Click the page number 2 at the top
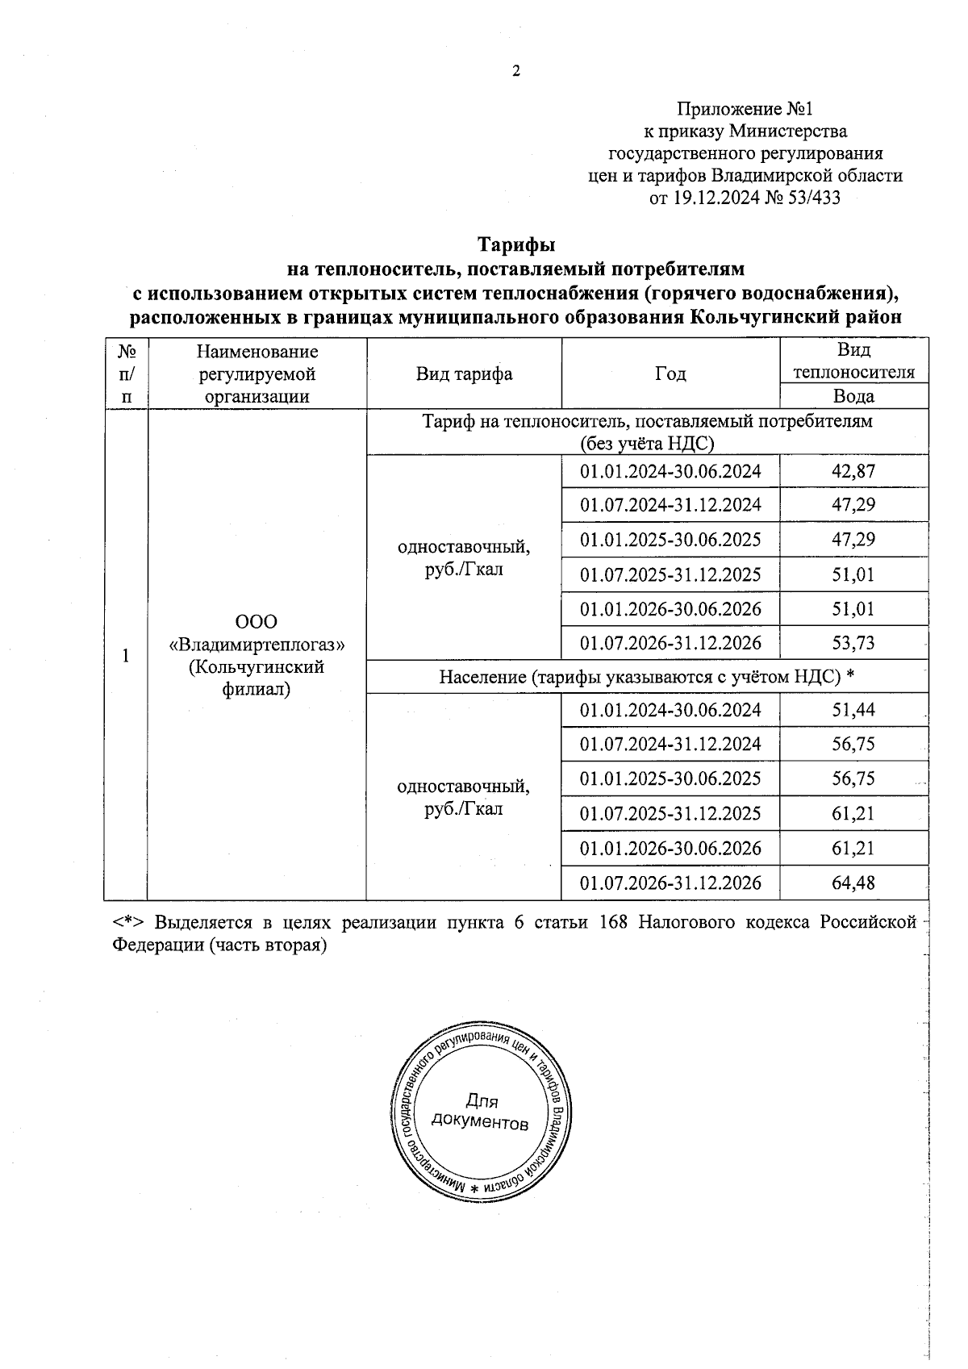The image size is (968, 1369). click(516, 72)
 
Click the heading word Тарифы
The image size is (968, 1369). click(517, 244)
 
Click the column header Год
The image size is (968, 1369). click(670, 374)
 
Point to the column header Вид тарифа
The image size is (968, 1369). click(464, 374)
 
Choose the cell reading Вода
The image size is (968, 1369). click(853, 396)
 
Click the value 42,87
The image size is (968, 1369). click(853, 471)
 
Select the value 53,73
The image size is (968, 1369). click(853, 644)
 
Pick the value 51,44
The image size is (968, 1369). click(853, 710)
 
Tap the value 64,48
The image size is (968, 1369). click(853, 883)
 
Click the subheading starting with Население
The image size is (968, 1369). click(647, 677)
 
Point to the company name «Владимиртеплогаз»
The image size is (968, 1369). click(257, 645)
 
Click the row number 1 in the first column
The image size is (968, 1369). click(125, 655)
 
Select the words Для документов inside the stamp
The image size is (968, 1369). click(481, 1112)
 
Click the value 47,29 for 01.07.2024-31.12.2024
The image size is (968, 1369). click(853, 506)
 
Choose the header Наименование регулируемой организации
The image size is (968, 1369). click(257, 374)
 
